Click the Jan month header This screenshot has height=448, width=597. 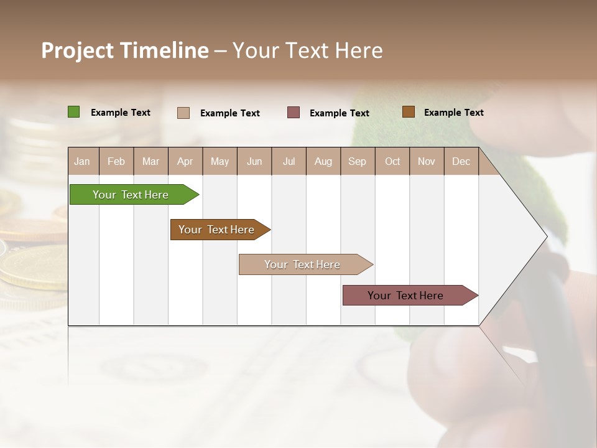(x=83, y=161)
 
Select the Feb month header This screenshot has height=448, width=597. (x=116, y=161)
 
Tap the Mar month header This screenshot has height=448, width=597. (x=150, y=161)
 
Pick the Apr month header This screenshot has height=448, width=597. (x=185, y=161)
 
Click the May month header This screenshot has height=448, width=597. (x=220, y=161)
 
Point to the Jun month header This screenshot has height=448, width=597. (x=254, y=161)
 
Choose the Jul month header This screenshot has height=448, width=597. (x=289, y=161)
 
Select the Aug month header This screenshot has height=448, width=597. (x=323, y=161)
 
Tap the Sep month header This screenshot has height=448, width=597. (x=358, y=161)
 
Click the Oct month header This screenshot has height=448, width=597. (x=392, y=161)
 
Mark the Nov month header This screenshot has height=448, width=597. (x=427, y=161)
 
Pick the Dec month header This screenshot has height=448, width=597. (x=461, y=161)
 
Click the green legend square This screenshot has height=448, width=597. (x=74, y=112)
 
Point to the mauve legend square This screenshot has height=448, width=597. (x=294, y=112)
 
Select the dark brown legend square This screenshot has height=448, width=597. (x=408, y=112)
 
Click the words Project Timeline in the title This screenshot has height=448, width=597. (x=125, y=50)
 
